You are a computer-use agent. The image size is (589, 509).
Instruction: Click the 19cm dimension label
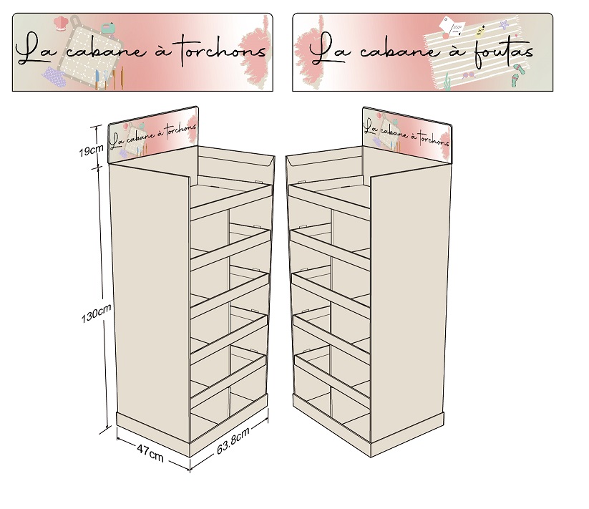point(91,150)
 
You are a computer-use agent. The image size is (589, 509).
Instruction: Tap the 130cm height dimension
point(96,313)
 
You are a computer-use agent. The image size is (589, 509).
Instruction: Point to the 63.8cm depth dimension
point(233,440)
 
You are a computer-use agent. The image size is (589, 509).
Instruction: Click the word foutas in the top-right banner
point(502,52)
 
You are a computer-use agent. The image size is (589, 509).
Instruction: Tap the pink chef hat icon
point(60,23)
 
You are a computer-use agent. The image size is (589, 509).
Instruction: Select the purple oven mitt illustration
point(54,77)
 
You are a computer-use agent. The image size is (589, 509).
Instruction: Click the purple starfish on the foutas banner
point(504,25)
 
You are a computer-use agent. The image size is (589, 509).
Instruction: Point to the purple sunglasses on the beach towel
point(469,75)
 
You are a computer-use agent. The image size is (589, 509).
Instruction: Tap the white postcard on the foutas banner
point(452,26)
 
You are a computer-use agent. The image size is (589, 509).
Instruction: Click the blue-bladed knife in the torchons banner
point(97,79)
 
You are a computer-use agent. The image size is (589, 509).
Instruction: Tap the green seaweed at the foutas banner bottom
point(447,82)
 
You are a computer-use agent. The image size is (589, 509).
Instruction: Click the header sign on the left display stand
point(153,135)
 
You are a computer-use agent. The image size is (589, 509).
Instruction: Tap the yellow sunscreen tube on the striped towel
point(480,31)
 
